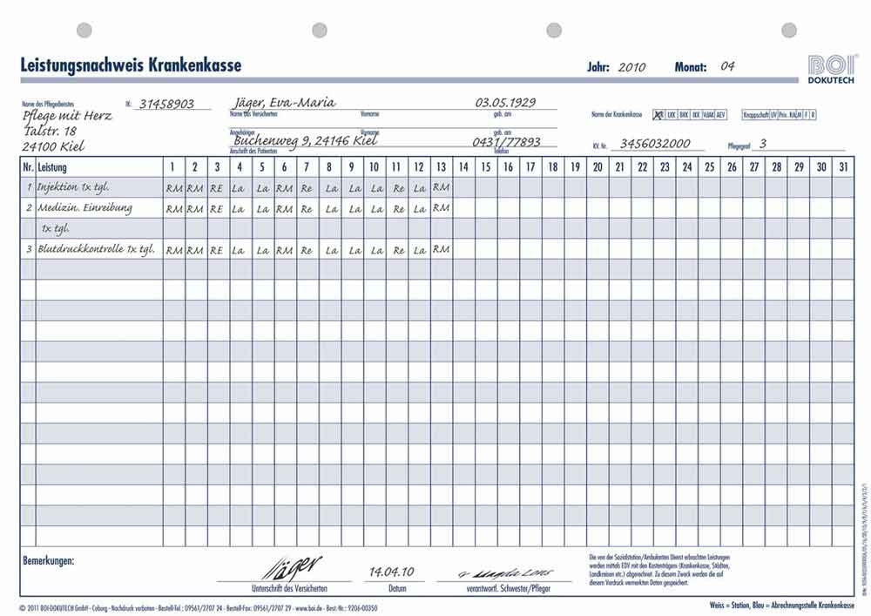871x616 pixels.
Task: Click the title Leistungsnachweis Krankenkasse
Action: (131, 64)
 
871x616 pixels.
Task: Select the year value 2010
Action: (631, 67)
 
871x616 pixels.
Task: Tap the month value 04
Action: (728, 66)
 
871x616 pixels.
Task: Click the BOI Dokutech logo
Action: (833, 68)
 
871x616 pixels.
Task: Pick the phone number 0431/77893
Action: (506, 142)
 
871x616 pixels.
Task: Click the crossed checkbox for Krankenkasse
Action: (658, 114)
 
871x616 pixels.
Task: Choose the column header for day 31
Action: (843, 166)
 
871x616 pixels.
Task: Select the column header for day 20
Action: (597, 166)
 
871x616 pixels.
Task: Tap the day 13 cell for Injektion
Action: (441, 186)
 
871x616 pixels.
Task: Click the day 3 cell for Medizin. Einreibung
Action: (217, 208)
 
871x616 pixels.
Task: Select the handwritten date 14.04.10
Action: (391, 572)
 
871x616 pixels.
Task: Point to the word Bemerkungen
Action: (47, 561)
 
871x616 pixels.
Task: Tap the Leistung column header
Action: (52, 166)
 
